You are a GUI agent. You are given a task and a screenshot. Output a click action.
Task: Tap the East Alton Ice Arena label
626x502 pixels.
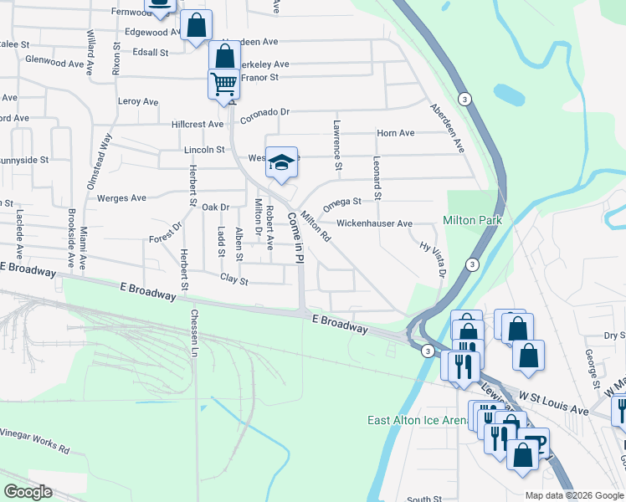click(417, 420)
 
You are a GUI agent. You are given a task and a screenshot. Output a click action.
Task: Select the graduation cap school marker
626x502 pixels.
click(282, 162)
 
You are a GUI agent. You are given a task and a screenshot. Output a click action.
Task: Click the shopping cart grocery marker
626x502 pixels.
click(223, 85)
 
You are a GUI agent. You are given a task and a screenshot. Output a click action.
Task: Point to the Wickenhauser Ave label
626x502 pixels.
click(374, 224)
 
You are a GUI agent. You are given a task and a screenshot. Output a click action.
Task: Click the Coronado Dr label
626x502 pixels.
click(264, 111)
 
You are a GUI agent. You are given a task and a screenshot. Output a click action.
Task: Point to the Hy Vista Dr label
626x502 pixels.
click(433, 259)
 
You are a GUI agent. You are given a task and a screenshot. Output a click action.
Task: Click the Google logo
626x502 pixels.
click(28, 492)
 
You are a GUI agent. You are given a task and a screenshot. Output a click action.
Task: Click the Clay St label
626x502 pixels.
click(234, 279)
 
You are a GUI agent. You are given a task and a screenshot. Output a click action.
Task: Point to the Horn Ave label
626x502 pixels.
click(396, 133)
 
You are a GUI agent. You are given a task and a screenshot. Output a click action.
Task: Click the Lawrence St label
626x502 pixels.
click(337, 145)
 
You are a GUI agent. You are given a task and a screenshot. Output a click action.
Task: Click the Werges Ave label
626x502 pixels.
click(121, 198)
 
